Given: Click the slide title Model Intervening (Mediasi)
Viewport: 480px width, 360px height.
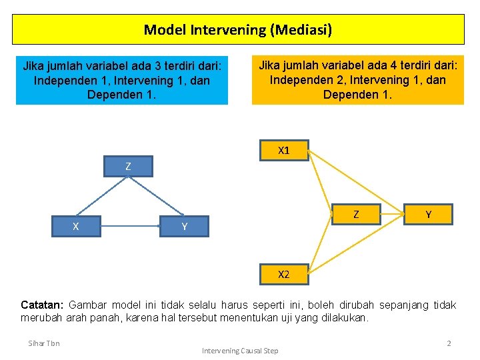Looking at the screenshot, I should tap(238, 30).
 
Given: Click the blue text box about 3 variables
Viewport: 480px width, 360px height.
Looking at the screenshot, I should tap(122, 80).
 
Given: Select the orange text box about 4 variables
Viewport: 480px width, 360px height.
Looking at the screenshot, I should tap(357, 80).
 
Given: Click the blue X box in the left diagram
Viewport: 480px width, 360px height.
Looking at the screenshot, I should tap(76, 227).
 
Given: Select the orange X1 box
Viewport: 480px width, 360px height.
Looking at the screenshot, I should tap(284, 151).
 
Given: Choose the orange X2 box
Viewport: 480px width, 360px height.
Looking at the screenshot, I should tap(284, 274).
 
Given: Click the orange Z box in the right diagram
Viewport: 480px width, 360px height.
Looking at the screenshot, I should tap(356, 214).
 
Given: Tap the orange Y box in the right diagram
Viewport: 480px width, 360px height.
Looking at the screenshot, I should tap(428, 214).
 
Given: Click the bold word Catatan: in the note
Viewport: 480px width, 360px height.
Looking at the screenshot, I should tap(43, 305).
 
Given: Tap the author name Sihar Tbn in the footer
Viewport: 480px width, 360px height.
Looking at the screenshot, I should tap(44, 343).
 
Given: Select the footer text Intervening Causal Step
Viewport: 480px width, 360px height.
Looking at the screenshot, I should tap(240, 351).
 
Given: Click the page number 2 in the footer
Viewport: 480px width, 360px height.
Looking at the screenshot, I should tap(449, 343).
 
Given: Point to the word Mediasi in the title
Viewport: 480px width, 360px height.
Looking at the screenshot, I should tap(303, 30).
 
